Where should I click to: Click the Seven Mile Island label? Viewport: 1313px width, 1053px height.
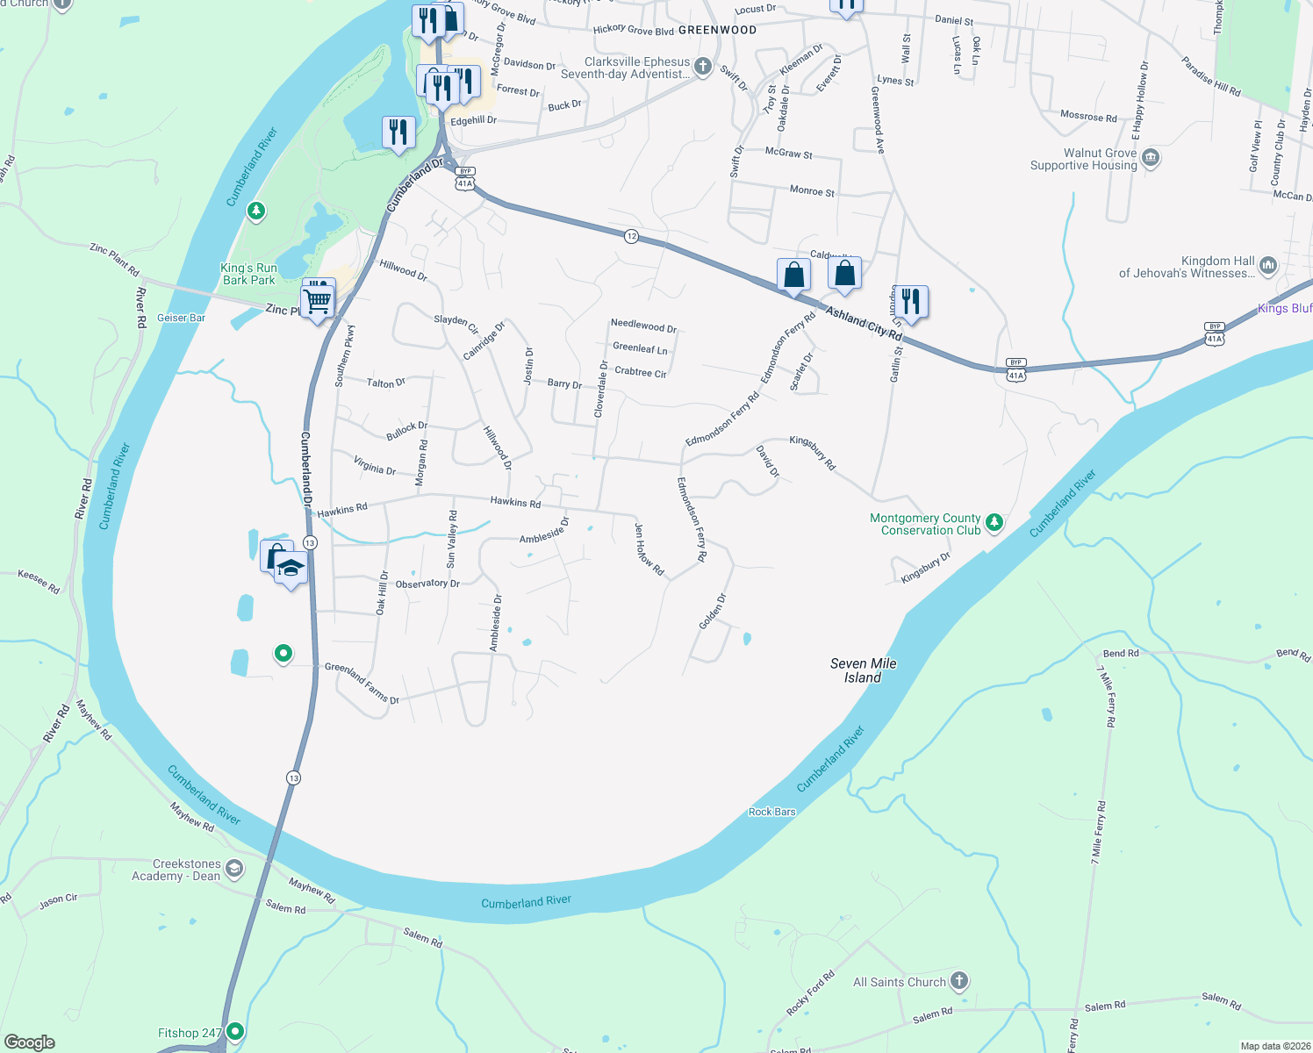pos(863,670)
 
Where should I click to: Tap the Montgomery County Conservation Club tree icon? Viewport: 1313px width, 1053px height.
pos(994,523)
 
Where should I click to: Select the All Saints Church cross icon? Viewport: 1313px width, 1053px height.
pos(958,981)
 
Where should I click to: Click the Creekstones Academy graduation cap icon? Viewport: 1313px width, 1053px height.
pos(233,870)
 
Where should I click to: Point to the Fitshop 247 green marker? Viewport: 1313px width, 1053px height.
pos(234,1031)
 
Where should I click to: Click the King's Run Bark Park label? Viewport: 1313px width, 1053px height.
pos(248,274)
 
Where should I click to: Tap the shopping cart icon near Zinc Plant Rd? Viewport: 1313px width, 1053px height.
pos(318,301)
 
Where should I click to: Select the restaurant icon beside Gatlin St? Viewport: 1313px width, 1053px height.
pos(910,301)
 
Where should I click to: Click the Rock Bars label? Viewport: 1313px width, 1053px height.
pos(771,812)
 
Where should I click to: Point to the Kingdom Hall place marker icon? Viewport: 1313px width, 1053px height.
pos(1267,266)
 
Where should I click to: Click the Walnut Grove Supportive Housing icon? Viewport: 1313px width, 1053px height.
pos(1151,159)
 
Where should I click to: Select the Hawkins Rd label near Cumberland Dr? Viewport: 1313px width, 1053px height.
pos(342,510)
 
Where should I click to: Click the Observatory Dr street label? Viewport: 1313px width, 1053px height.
pos(427,584)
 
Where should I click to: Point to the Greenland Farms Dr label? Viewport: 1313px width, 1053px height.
pos(362,683)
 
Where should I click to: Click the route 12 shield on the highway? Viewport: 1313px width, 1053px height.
pos(631,236)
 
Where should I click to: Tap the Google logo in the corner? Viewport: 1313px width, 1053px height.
pos(29,1042)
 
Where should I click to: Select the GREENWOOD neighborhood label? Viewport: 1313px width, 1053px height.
pos(717,30)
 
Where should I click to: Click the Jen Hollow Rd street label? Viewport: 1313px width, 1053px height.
pos(649,549)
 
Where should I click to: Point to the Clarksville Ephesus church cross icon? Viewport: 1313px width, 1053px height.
pos(701,67)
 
